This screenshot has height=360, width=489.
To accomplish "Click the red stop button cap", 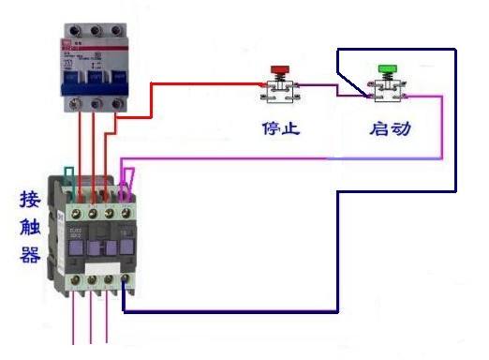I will coord(279,68).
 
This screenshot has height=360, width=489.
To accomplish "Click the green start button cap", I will coord(385,68).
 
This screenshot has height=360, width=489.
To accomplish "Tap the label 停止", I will coord(280,127).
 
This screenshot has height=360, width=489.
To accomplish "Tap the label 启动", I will coord(390,127).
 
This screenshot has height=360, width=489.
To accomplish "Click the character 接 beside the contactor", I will coord(29,201).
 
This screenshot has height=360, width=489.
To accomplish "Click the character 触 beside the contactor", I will coord(29,228).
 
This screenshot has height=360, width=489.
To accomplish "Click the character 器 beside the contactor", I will coord(29,255).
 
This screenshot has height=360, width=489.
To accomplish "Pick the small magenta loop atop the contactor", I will coord(130,176).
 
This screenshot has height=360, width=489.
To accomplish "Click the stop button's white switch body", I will coord(279,91).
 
